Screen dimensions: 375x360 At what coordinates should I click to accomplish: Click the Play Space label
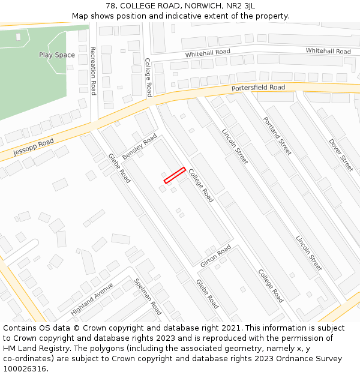(57, 55)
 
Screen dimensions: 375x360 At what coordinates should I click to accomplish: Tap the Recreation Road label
(93, 71)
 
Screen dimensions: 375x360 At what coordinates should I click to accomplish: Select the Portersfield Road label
(259, 88)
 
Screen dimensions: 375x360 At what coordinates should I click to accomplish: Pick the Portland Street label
(277, 136)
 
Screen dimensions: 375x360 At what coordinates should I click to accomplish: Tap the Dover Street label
(341, 155)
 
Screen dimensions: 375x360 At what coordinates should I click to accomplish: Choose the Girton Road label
(216, 255)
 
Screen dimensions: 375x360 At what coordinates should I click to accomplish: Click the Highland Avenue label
(92, 299)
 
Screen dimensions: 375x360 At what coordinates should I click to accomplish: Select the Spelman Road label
(148, 297)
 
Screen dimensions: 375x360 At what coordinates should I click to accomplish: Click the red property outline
(175, 175)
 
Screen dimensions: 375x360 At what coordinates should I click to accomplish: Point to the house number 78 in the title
(110, 6)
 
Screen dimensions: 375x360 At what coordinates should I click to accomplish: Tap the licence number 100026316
(25, 369)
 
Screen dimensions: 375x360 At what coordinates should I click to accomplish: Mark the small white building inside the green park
(18, 37)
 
